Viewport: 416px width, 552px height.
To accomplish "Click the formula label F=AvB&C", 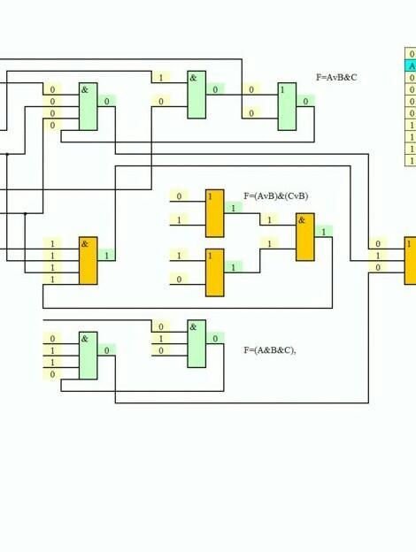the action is click(336, 78).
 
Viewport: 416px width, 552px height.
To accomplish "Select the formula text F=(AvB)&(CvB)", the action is click(276, 196).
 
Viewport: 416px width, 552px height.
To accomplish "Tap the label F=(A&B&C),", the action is click(270, 350).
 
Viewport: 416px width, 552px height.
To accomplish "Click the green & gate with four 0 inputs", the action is click(88, 107).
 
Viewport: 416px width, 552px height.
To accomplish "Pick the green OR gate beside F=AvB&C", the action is click(287, 107).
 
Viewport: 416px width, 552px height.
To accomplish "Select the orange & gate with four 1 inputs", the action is click(88, 260).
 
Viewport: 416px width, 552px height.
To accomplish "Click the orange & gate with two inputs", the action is click(305, 237).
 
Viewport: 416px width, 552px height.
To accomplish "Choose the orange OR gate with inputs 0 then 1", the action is click(215, 213).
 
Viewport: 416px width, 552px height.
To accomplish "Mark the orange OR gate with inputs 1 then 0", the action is click(215, 272).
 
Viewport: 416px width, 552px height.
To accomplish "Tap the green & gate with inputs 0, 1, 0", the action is click(196, 343).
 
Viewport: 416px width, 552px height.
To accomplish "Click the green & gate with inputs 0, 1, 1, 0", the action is click(88, 356).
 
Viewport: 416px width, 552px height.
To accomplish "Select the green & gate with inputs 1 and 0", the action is click(196, 95).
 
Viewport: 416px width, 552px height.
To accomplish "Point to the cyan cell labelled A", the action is click(411, 65).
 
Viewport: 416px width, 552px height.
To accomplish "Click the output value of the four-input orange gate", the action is click(107, 256).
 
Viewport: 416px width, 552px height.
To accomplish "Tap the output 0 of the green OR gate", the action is click(305, 102).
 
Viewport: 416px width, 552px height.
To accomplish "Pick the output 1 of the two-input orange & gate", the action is click(324, 231).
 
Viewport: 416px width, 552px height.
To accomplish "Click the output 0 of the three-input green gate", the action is click(215, 338).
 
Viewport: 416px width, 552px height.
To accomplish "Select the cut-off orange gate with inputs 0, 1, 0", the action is click(410, 260).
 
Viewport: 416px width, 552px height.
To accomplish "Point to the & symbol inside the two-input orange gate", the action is click(302, 220).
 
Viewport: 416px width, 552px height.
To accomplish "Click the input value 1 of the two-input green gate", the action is click(161, 78).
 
